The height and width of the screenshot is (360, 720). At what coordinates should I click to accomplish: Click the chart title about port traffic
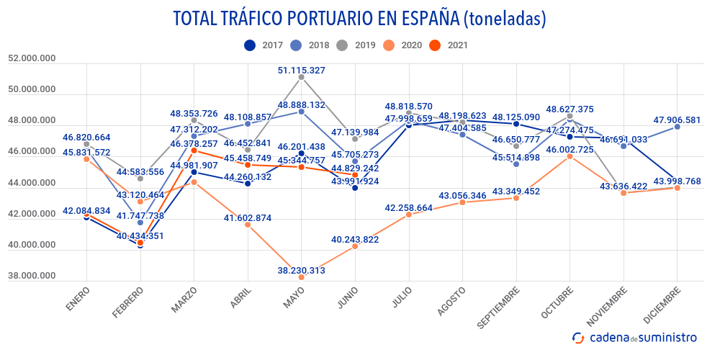(359, 19)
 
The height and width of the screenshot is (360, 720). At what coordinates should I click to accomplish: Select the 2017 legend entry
(264, 45)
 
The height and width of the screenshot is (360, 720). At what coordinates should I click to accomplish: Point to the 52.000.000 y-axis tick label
(32, 58)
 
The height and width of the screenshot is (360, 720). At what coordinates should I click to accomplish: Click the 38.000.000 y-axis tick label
(32, 276)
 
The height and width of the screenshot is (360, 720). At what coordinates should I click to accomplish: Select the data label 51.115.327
(301, 71)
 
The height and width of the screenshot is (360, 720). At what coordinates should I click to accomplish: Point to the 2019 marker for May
(301, 77)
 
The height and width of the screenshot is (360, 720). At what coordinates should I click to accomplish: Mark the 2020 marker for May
(302, 277)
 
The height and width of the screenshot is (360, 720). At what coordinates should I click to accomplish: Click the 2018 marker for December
(678, 127)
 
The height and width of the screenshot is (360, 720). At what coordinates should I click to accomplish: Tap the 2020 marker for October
(570, 156)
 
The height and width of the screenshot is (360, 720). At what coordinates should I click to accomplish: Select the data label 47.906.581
(678, 120)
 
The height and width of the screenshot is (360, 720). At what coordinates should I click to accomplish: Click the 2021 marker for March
(194, 151)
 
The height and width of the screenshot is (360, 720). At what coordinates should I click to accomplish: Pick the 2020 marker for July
(409, 215)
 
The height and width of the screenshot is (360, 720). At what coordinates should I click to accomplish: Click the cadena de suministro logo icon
(578, 337)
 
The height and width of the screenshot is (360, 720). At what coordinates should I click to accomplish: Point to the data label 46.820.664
(86, 138)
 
